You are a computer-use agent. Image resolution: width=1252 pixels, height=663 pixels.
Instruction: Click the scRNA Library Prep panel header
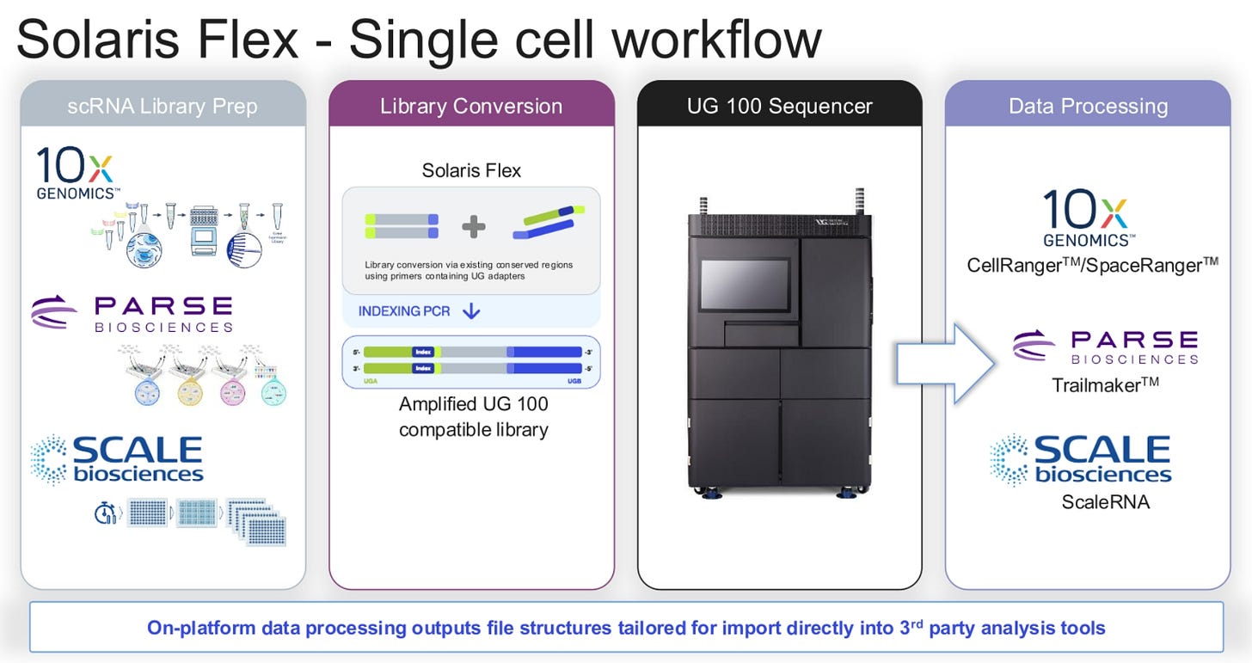click(x=163, y=107)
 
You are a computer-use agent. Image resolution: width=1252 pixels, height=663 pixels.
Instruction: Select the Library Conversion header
click(x=471, y=107)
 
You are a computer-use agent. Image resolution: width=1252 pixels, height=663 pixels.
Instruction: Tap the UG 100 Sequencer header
click(x=779, y=107)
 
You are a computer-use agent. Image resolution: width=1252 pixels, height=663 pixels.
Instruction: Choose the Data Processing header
click(x=1088, y=107)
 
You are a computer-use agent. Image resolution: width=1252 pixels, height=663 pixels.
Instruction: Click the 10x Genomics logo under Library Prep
click(x=76, y=173)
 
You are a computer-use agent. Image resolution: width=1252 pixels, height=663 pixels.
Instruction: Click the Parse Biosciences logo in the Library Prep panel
click(x=132, y=313)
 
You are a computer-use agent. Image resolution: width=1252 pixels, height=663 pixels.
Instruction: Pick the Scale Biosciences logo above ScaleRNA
click(x=1080, y=459)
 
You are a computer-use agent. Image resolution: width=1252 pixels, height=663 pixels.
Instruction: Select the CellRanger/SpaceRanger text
click(x=1092, y=266)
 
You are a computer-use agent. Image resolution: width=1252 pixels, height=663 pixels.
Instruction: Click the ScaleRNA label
click(x=1105, y=501)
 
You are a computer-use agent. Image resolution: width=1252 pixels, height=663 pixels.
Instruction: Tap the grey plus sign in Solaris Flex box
click(x=473, y=227)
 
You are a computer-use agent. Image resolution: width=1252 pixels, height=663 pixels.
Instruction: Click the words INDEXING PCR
click(x=404, y=311)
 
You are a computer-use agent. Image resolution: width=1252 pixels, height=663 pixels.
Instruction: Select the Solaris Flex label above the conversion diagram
click(x=471, y=170)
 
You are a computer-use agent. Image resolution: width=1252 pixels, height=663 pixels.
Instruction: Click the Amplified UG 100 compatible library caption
click(x=473, y=416)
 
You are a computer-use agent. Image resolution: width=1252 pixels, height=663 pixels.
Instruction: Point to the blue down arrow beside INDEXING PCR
click(x=470, y=311)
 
